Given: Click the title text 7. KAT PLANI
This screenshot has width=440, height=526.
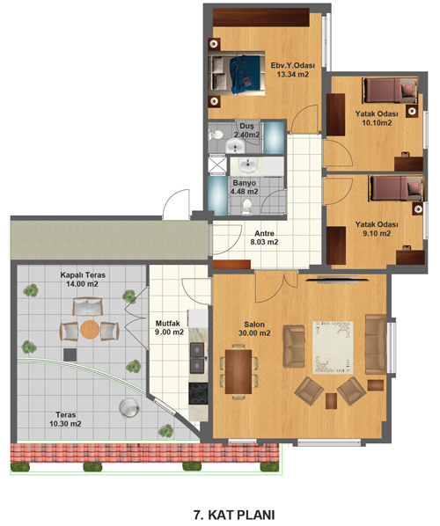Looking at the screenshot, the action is pyautogui.click(x=234, y=515).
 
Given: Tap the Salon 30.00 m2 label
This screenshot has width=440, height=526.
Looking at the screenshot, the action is pyautogui.click(x=254, y=329).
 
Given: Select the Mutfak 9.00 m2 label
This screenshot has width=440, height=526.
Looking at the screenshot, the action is pyautogui.click(x=170, y=328).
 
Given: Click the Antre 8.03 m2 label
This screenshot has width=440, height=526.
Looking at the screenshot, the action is pyautogui.click(x=264, y=237).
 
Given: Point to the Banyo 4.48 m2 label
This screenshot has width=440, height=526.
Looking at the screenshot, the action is pyautogui.click(x=244, y=187).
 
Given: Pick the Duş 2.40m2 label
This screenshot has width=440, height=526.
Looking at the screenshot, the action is pyautogui.click(x=246, y=130).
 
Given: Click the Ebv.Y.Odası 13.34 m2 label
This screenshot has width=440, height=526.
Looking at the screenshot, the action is pyautogui.click(x=293, y=69).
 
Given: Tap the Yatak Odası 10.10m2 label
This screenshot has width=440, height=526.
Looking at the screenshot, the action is pyautogui.click(x=377, y=118).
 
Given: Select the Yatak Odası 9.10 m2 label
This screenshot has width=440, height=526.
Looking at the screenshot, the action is pyautogui.click(x=377, y=229).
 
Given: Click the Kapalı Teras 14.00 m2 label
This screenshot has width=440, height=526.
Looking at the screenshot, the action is pyautogui.click(x=83, y=280).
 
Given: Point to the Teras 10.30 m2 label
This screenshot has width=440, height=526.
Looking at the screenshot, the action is pyautogui.click(x=65, y=420).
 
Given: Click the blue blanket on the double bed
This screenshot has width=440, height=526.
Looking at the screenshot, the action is pyautogui.click(x=245, y=74).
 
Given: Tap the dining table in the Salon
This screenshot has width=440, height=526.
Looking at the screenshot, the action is pyautogui.click(x=238, y=371).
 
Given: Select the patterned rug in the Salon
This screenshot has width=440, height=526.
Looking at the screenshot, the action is pyautogui.click(x=333, y=347).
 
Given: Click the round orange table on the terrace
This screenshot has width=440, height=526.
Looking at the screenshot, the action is pyautogui.click(x=89, y=331).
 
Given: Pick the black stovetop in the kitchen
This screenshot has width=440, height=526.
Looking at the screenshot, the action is pyautogui.click(x=198, y=393).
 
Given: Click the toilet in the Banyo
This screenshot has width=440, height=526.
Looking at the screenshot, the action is pyautogui.click(x=246, y=206).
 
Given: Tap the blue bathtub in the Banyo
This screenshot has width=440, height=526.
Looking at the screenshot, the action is pyautogui.click(x=217, y=195).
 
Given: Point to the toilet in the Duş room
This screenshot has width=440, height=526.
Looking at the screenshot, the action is pyautogui.click(x=216, y=135).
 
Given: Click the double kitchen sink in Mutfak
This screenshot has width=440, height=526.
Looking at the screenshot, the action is pyautogui.click(x=197, y=358).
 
